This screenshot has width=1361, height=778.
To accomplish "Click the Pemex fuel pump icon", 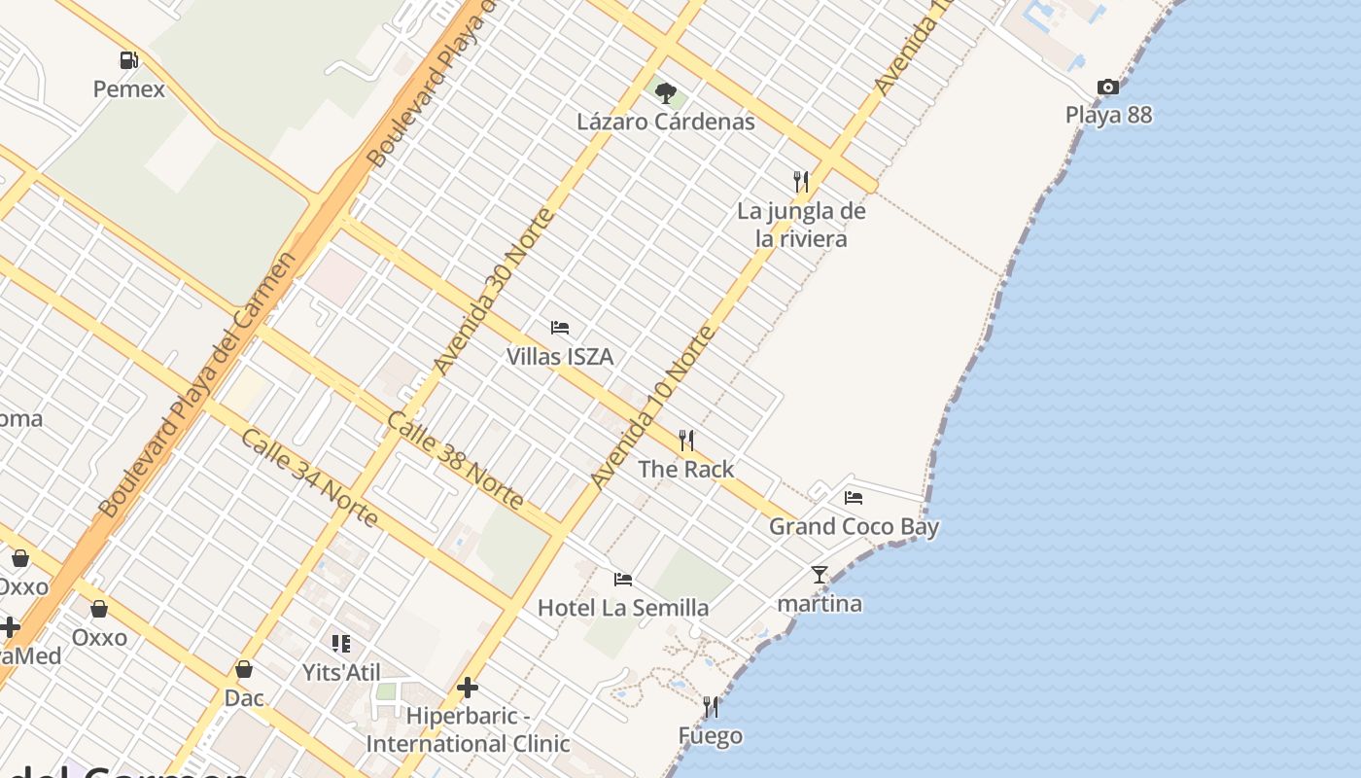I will [128, 60].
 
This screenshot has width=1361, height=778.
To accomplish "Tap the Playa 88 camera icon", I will [1107, 88].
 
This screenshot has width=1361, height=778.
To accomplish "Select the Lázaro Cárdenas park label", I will [665, 123].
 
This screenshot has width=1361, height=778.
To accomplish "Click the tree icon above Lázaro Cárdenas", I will [665, 93].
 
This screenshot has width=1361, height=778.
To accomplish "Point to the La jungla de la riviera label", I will [801, 225].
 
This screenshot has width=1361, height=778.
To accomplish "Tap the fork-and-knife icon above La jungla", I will [800, 181].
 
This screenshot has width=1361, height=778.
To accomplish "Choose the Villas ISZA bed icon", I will [559, 328].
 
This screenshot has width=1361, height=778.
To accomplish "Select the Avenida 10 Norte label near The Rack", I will [652, 407].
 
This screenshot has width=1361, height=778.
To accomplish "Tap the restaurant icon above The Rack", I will [686, 441].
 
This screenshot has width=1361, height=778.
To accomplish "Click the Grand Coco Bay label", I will [854, 527].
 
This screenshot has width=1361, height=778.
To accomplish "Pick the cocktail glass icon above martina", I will [820, 575].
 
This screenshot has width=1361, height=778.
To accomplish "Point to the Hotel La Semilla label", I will [623, 609].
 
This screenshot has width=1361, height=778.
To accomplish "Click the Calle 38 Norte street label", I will [455, 460].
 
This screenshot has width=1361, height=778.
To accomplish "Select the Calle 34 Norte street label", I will [309, 477].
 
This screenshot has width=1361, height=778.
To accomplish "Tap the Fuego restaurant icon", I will [711, 707].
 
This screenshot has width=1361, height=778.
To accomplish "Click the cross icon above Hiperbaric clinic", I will [468, 688].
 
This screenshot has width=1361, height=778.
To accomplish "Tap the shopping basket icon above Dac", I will [244, 669].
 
